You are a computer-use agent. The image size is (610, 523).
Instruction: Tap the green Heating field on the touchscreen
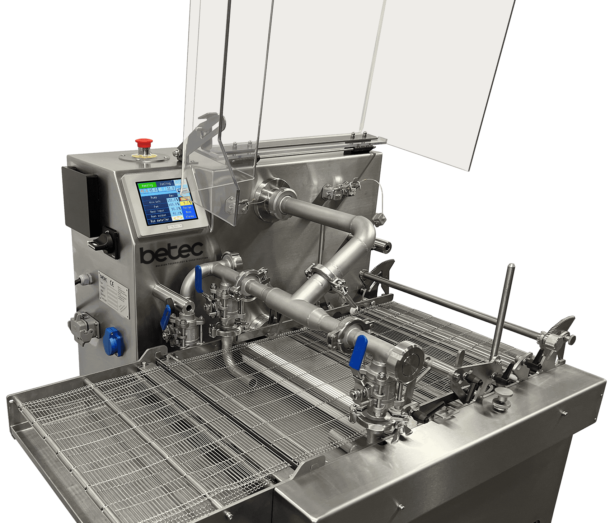coord(147,185)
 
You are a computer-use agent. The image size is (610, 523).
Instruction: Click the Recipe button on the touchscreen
coord(188,207)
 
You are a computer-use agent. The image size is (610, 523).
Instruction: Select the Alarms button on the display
coord(189,216)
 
